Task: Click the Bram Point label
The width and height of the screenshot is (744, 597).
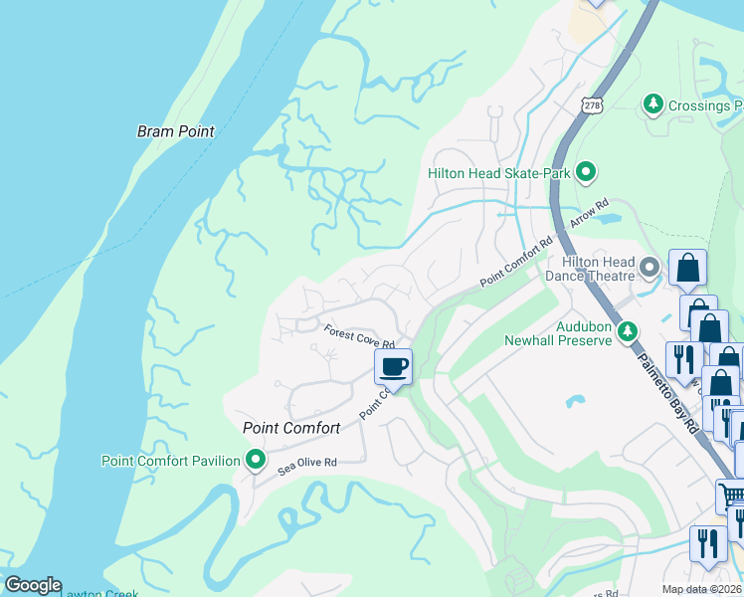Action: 175,131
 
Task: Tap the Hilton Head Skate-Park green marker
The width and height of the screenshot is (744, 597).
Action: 586,173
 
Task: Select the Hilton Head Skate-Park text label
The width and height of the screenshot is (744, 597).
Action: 498,173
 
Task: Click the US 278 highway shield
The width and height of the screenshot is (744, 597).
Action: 593,105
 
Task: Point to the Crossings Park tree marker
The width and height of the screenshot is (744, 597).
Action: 653,103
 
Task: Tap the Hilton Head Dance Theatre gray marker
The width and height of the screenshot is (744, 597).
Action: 650,267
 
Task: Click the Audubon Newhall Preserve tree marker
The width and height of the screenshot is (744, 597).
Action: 628,331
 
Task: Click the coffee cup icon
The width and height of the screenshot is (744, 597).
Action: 393,367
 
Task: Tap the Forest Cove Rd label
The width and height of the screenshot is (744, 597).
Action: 360,336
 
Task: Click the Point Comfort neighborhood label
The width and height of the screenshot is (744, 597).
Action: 291,428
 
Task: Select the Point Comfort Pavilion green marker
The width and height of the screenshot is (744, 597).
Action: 257,460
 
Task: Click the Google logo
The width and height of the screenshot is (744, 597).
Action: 33,585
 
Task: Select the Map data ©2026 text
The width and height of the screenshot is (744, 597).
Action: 701,589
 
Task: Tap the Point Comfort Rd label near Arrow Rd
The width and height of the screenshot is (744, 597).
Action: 515,261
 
